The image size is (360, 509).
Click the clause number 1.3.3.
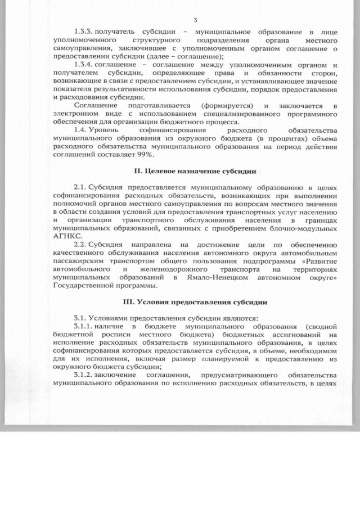point(84,33)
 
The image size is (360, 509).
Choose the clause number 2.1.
point(82,186)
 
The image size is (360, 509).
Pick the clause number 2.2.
point(82,245)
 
